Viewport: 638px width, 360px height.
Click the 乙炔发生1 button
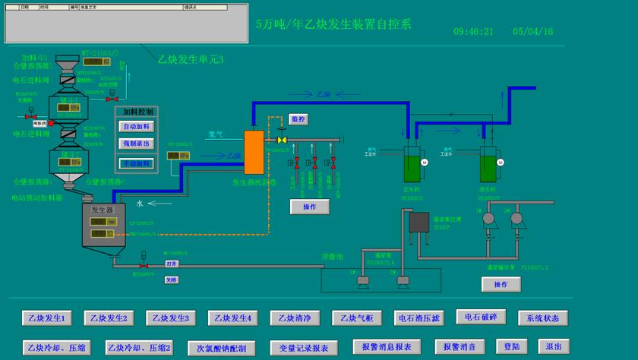[x=46, y=318]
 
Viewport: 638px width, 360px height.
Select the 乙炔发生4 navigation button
[x=232, y=318]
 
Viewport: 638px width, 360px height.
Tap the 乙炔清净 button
[x=295, y=318]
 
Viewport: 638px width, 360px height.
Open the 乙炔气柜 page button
[x=357, y=318]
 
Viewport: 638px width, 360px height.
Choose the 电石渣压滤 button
[x=418, y=318]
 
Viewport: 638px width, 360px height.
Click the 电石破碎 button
[x=481, y=317]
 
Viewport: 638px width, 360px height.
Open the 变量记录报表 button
[x=304, y=348]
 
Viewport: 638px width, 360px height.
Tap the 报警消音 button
[x=460, y=346]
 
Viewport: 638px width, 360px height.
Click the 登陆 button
[x=511, y=346]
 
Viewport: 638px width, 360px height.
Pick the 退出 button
[x=553, y=346]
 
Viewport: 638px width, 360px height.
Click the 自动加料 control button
[x=137, y=126]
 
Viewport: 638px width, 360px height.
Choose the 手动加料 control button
[x=137, y=163]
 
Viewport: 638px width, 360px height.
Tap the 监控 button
[x=298, y=119]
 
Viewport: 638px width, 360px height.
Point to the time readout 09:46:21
[x=473, y=32]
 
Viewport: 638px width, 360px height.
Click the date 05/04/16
[x=533, y=32]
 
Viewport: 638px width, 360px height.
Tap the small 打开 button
[x=172, y=264]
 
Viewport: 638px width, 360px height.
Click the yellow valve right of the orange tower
[x=282, y=140]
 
